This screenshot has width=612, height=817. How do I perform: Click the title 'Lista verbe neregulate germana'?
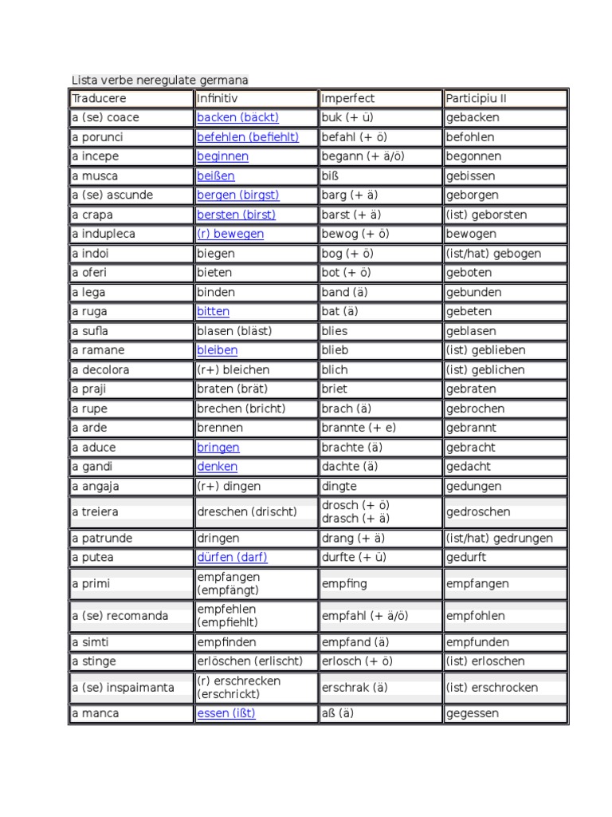pyautogui.click(x=160, y=80)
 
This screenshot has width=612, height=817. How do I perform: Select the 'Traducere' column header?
pyautogui.click(x=99, y=99)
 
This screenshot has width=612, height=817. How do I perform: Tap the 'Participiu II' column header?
pyautogui.click(x=477, y=99)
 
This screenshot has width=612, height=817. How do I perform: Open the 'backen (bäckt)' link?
pyautogui.click(x=237, y=118)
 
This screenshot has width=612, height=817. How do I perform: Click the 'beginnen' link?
pyautogui.click(x=222, y=156)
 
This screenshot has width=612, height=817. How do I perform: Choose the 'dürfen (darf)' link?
pyautogui.click(x=234, y=558)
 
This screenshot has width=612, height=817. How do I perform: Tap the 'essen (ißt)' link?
pyautogui.click(x=226, y=713)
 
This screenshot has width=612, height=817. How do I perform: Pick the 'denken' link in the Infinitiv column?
pyautogui.click(x=217, y=467)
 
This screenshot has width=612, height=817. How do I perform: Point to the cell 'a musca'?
pyautogui.click(x=94, y=176)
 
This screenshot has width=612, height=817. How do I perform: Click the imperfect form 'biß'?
pyautogui.click(x=331, y=176)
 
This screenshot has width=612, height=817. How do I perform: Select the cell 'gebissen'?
pyautogui.click(x=471, y=176)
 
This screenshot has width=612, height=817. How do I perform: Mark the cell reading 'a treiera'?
pyautogui.click(x=94, y=512)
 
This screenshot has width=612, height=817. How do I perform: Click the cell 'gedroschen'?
pyautogui.click(x=479, y=512)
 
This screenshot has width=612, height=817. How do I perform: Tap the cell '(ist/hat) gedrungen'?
pyautogui.click(x=500, y=539)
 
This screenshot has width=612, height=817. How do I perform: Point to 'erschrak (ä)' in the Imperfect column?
pyautogui.click(x=355, y=688)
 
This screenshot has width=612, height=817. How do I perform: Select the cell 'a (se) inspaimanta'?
pyautogui.click(x=123, y=688)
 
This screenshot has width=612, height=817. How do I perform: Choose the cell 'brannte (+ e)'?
pyautogui.click(x=359, y=428)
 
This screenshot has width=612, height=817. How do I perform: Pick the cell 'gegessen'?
pyautogui.click(x=473, y=713)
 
